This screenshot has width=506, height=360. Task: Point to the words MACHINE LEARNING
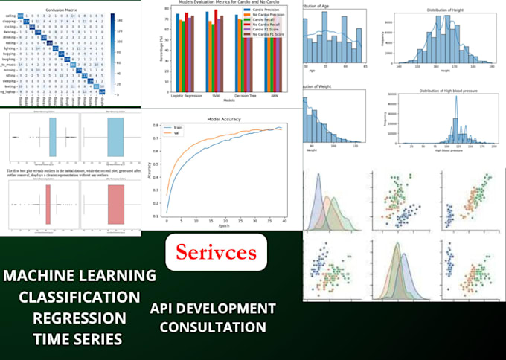point(79,276)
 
